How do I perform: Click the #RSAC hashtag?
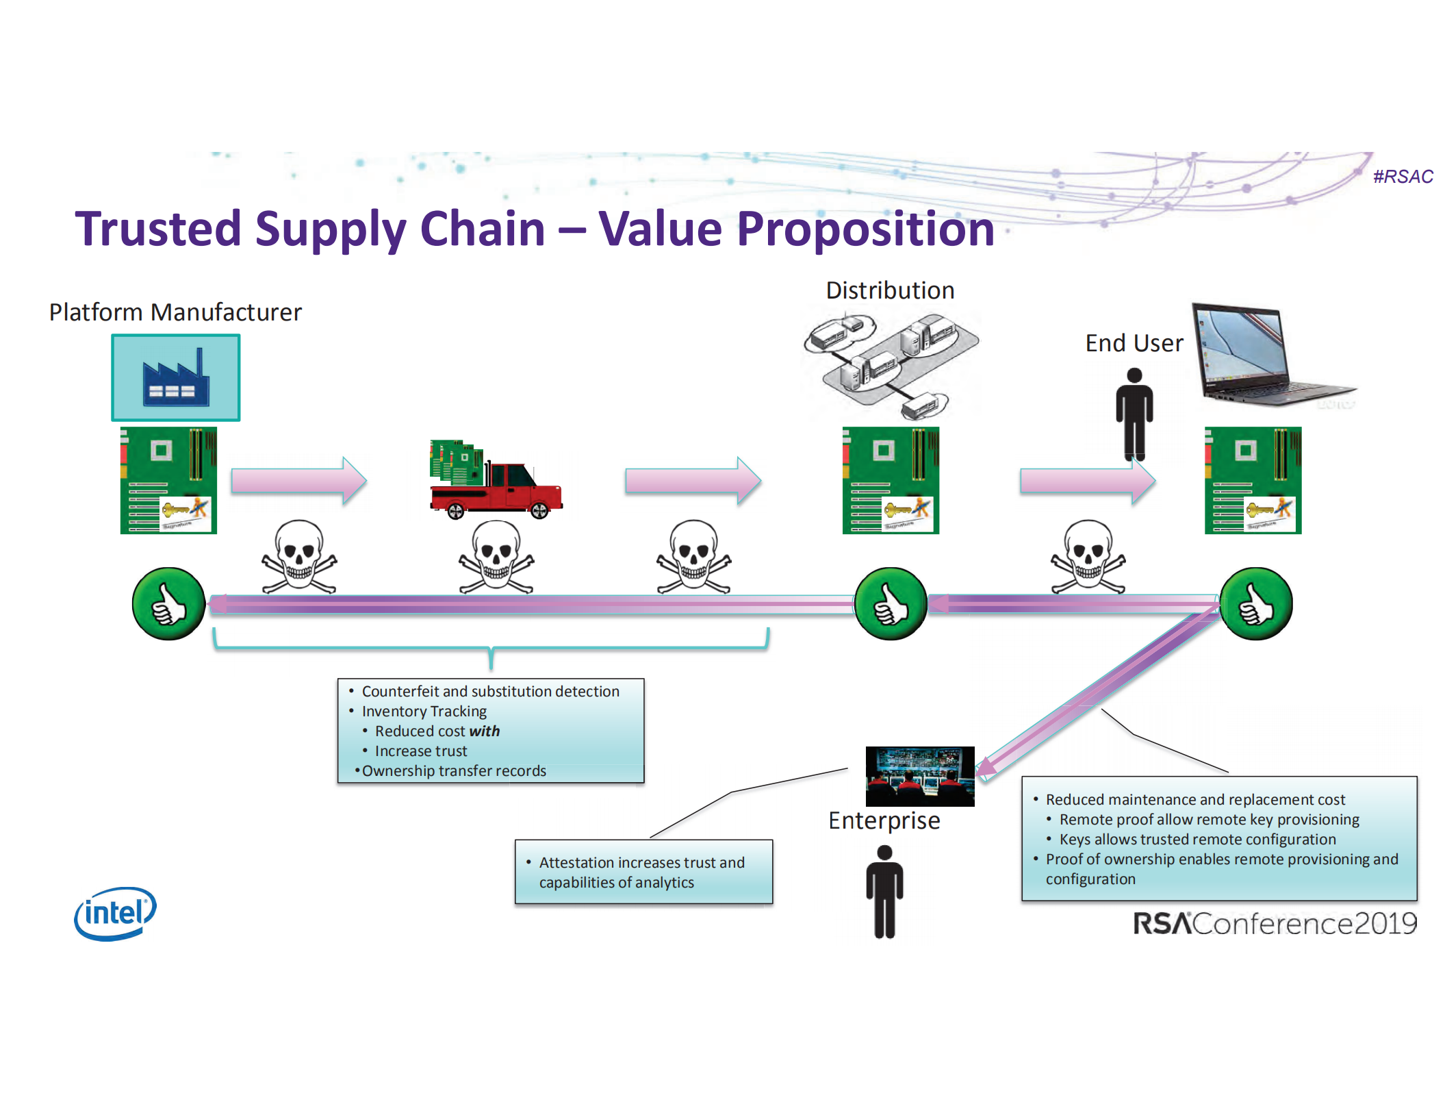coord(1402,177)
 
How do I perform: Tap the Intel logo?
coord(115,913)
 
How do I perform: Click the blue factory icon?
coord(176,378)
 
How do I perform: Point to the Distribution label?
coord(890,290)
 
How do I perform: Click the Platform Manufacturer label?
coord(175,312)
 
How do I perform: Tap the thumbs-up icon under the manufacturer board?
coord(168,603)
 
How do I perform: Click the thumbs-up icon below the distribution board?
coord(891,603)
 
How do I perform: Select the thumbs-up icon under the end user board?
coord(1256,603)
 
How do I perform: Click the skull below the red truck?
coord(496,556)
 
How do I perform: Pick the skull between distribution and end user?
coord(1088,556)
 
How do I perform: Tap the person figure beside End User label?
coord(1134,414)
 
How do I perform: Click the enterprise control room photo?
coord(920,776)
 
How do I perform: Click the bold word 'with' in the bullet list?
coord(484,731)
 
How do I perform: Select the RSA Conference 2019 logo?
coord(1274,923)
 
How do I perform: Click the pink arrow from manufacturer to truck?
coord(298,481)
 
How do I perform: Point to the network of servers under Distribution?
coord(890,363)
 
